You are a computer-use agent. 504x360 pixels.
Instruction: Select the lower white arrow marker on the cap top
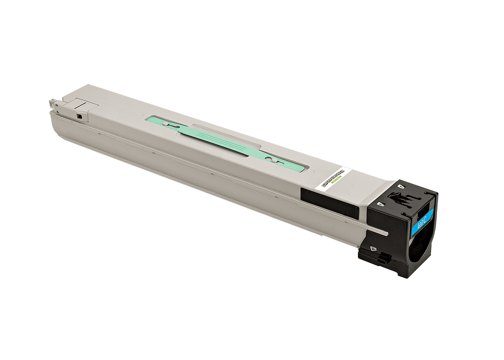pos(381,203)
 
